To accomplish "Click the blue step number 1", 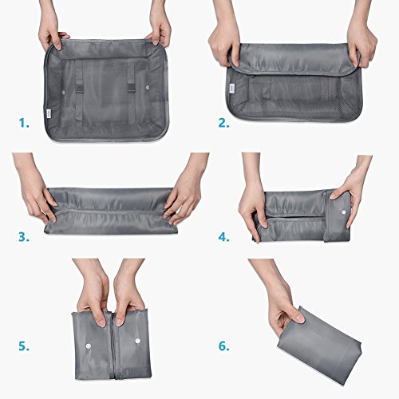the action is [24, 123].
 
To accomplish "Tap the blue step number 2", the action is [224, 123].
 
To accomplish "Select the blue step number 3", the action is [24, 237].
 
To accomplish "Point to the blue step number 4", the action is [224, 237].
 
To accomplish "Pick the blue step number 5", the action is [24, 346].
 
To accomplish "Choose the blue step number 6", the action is [224, 346].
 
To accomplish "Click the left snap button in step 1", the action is [63, 93].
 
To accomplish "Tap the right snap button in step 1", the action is [148, 87].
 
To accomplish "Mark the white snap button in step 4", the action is [343, 212].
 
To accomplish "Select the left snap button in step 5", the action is [88, 346].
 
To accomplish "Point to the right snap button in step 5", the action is [137, 341].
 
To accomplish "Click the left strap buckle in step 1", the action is [78, 89].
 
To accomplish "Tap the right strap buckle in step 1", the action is [131, 88].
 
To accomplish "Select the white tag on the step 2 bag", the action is [231, 89].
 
